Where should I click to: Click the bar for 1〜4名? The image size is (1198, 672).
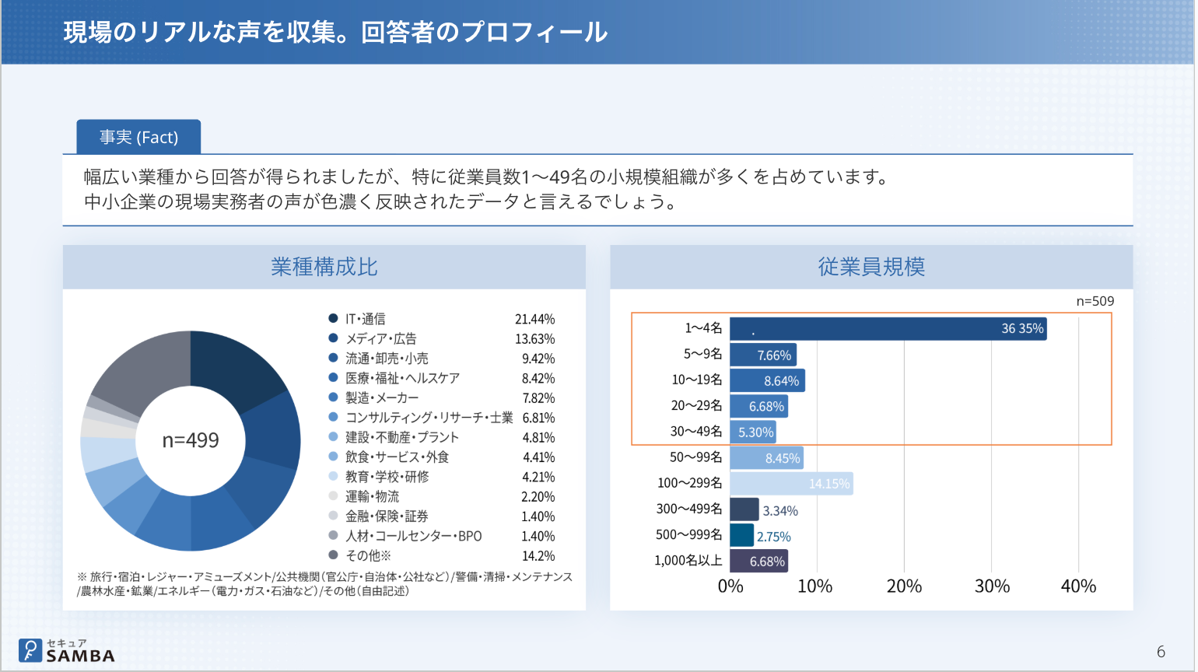[x=888, y=329]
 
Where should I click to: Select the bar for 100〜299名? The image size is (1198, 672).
[x=791, y=484]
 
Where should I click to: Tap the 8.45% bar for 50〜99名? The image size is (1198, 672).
[x=766, y=458]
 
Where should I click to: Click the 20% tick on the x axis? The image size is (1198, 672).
[x=904, y=586]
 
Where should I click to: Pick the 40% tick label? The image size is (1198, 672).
[x=1078, y=586]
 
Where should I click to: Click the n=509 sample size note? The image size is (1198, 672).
[x=1095, y=302]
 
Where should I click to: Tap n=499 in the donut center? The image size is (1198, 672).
[x=191, y=440]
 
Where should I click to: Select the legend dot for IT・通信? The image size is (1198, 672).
[x=333, y=319]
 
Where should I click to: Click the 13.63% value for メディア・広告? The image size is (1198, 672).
[x=534, y=339]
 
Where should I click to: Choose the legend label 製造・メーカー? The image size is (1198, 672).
[x=382, y=398]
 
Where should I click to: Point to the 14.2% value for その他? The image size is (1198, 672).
[x=538, y=556]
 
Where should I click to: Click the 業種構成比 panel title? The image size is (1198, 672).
[x=324, y=268]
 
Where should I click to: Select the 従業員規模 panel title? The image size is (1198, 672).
[x=871, y=268]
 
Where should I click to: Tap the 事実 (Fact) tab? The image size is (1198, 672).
[x=138, y=138]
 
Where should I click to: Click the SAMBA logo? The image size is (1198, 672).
[x=67, y=651]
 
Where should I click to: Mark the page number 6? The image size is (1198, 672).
[x=1161, y=652]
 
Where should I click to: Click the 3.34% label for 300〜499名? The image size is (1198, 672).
[x=779, y=511]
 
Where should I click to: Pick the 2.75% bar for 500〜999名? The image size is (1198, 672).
[x=742, y=535]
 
